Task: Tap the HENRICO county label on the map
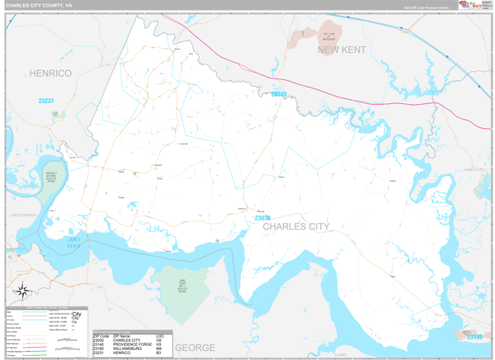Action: [51, 73]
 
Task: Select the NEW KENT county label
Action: [342, 50]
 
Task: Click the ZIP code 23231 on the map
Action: [46, 101]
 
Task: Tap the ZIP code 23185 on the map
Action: [473, 337]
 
